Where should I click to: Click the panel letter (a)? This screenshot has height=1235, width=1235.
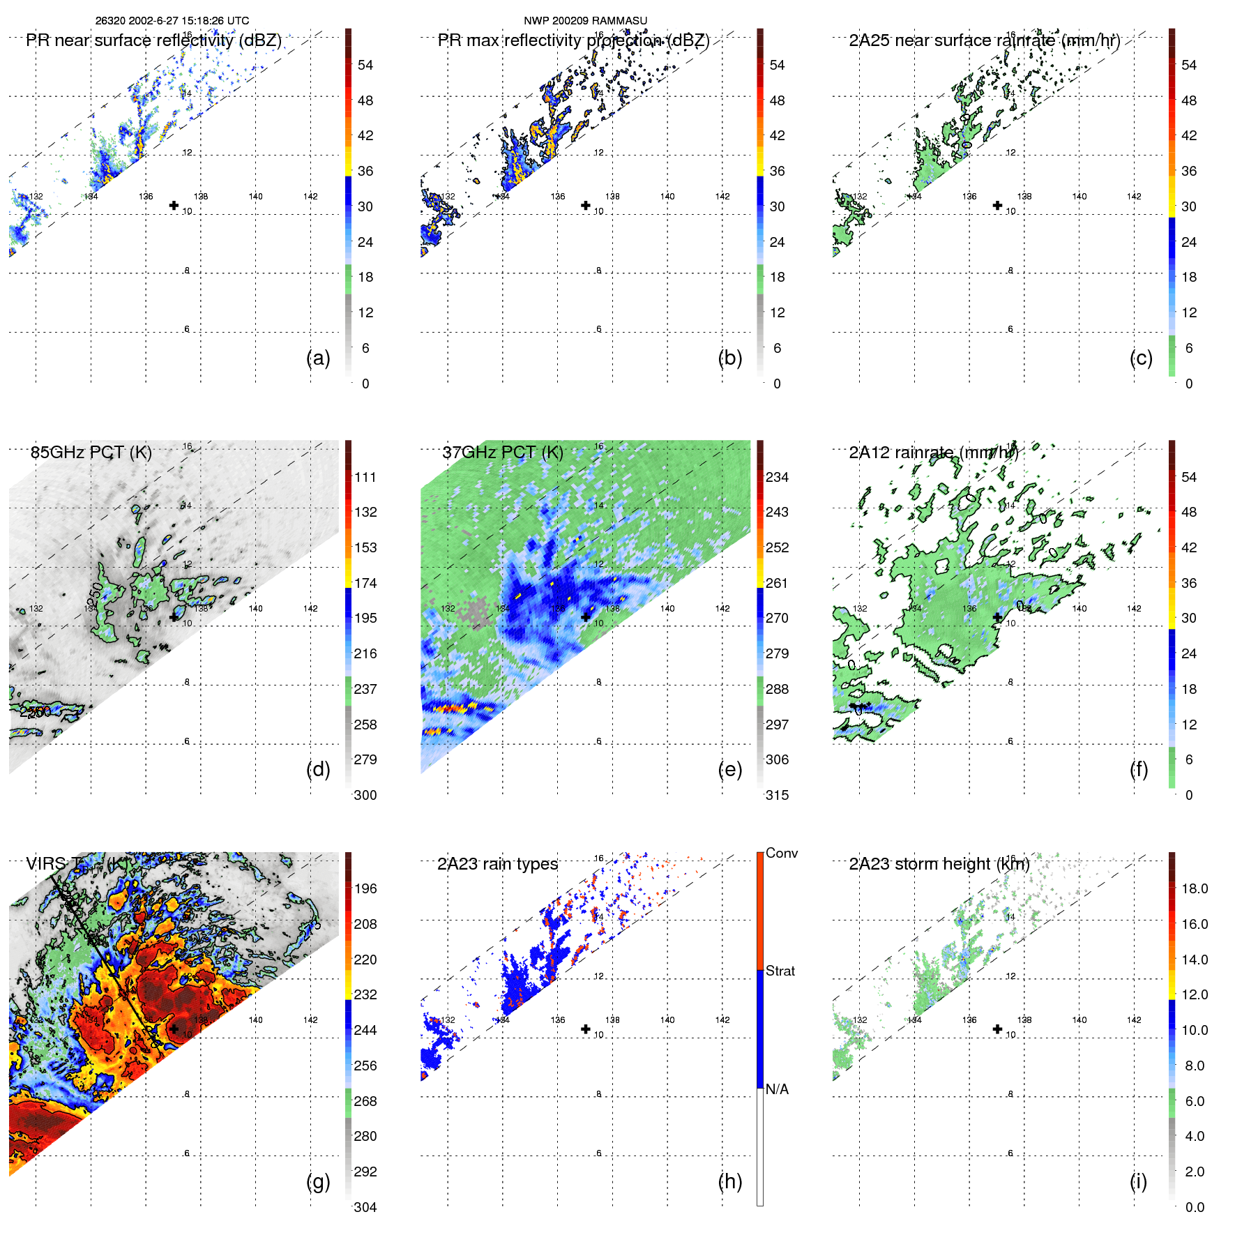click(318, 358)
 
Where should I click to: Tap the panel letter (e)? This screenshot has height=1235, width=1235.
click(729, 770)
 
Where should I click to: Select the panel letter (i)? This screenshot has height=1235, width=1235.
click(1138, 1181)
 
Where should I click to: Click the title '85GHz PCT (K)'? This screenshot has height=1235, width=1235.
click(91, 453)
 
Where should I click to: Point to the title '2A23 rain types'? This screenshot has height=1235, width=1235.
click(497, 864)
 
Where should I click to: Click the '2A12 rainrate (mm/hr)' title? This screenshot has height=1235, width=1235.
click(934, 453)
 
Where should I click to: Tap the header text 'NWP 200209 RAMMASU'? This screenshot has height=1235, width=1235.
click(585, 21)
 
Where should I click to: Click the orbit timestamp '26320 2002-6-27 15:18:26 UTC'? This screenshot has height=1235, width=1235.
click(172, 21)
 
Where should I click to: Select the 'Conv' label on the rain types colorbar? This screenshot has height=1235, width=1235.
click(781, 853)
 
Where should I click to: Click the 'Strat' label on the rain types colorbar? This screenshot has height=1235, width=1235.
click(780, 971)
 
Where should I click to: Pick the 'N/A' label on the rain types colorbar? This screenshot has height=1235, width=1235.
click(777, 1089)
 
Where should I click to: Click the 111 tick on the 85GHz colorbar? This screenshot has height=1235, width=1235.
click(365, 477)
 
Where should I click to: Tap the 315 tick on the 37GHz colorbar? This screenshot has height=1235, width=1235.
click(777, 795)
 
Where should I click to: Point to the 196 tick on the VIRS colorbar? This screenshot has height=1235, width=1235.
click(365, 888)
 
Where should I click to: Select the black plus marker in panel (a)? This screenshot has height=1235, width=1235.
click(174, 206)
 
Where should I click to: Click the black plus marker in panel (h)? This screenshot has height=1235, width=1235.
click(586, 1029)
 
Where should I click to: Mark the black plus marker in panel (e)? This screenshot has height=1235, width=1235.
click(586, 617)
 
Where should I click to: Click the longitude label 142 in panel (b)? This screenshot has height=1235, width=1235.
click(722, 197)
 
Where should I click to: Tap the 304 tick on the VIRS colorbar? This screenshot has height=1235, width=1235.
click(365, 1207)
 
